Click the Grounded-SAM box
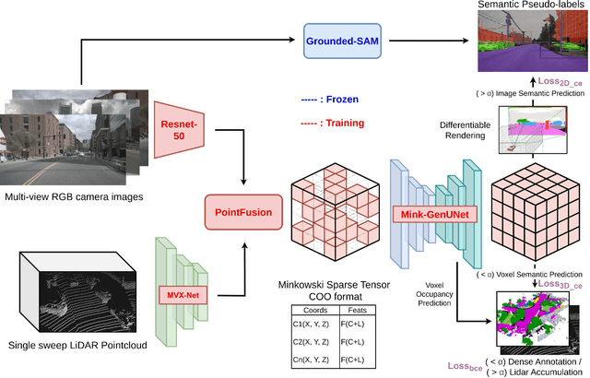coord(345,41)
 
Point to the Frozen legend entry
coord(329,99)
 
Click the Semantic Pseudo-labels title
coord(529,6)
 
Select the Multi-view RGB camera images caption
coord(81,197)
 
